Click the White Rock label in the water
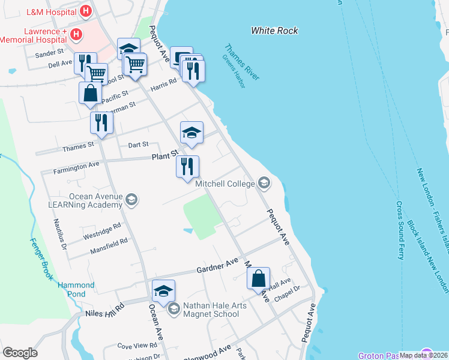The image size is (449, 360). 274,31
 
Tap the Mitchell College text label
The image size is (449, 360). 225,184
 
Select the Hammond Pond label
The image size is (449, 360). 76,290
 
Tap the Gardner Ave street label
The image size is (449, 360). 218,267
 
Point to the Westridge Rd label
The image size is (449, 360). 102,229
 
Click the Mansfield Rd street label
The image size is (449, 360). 109,245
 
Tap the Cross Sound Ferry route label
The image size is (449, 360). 400,230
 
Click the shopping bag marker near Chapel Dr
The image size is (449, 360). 258,279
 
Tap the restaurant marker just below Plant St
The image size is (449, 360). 187,166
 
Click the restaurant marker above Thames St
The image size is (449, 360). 101,123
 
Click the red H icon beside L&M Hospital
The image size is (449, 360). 86,10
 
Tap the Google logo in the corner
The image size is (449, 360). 20,353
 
